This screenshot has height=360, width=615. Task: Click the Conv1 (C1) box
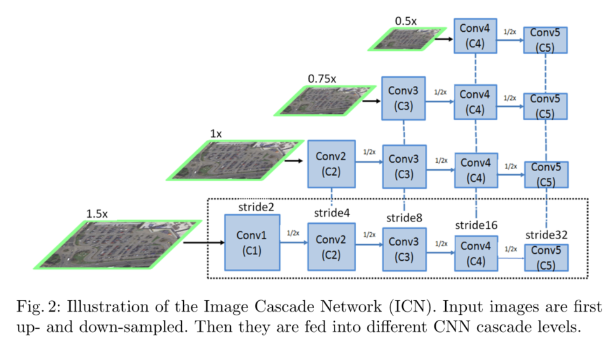tap(252, 242)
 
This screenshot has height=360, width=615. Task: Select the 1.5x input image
tap(118, 244)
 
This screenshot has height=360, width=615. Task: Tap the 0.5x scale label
tap(406, 21)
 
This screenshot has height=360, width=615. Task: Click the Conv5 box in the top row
tap(546, 39)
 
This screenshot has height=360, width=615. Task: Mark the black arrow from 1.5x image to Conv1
tap(202, 242)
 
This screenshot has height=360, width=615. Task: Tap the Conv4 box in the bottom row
tap(476, 253)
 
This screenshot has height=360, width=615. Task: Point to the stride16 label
tap(476, 225)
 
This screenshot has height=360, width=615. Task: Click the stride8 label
tap(405, 218)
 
